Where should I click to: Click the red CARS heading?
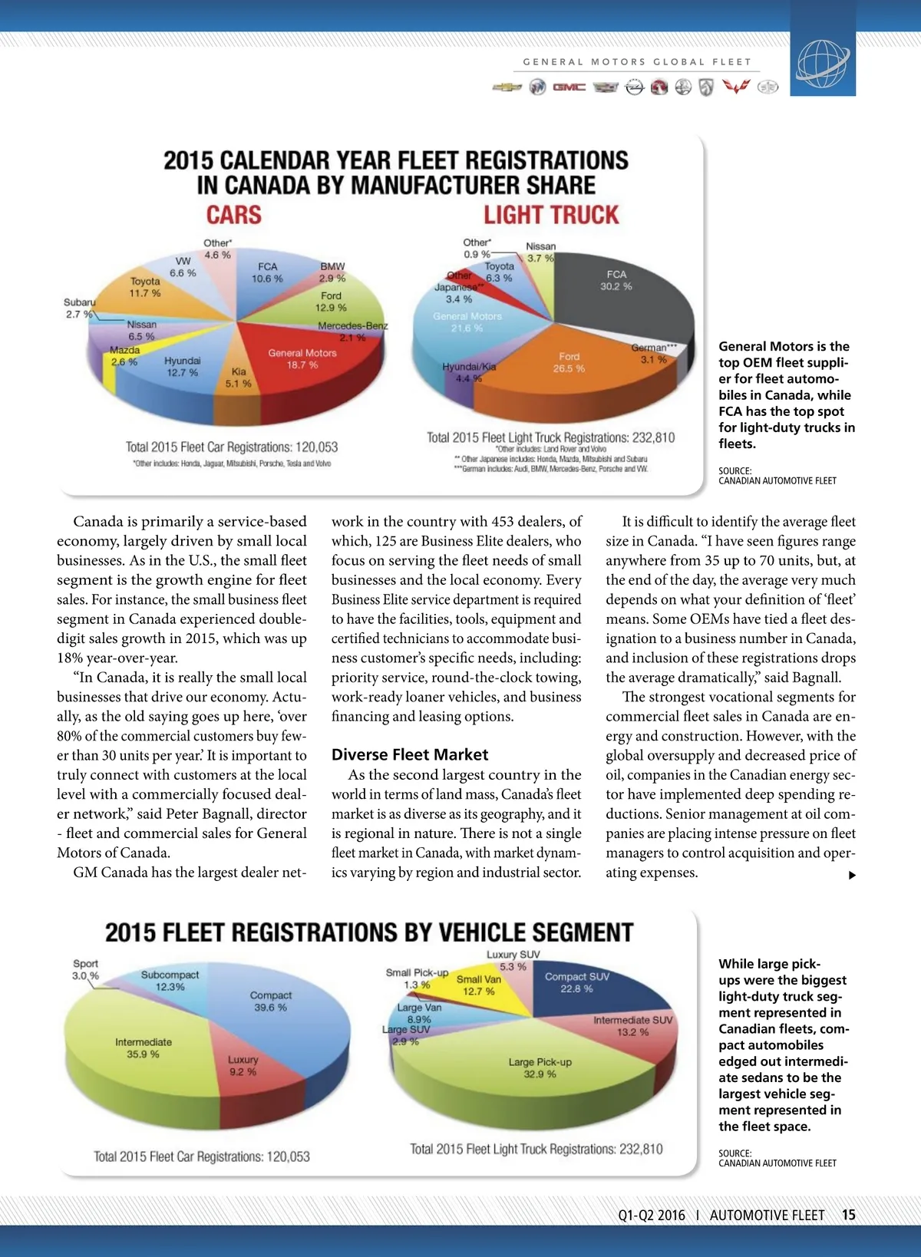pos(233,215)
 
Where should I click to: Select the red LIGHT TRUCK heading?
pos(550,215)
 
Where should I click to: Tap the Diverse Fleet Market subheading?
pos(410,754)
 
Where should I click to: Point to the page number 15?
pos(848,1215)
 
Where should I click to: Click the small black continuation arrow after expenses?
pos(852,875)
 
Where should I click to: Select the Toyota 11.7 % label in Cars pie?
pos(145,287)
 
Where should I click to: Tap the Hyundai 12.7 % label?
pos(182,367)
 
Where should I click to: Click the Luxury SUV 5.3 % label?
pos(513,961)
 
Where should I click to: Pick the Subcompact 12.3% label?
pos(170,981)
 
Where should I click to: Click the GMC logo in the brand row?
pos(569,87)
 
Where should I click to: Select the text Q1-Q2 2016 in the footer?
pos(652,1215)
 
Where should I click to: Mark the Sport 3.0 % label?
pos(85,969)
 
